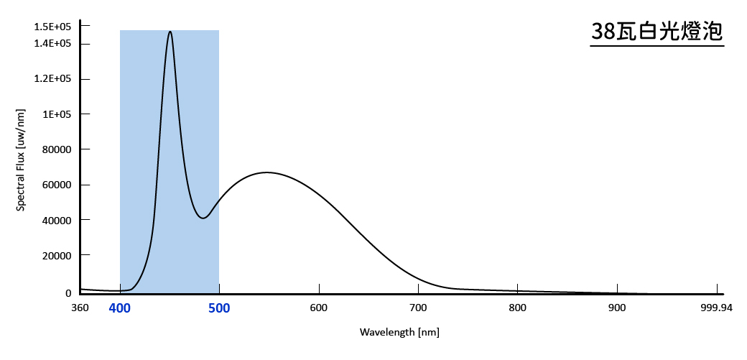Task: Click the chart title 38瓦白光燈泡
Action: tap(656, 32)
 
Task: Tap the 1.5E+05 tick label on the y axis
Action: tap(52, 27)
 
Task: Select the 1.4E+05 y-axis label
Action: tap(52, 44)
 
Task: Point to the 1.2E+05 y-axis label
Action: tap(52, 79)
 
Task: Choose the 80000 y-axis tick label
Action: tap(57, 149)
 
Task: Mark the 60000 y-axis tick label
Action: tap(57, 185)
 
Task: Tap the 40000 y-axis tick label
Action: tap(57, 220)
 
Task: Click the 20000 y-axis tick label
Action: tap(57, 255)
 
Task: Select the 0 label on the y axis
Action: tap(69, 293)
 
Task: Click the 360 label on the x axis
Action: tap(80, 308)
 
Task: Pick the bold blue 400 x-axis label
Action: tap(120, 308)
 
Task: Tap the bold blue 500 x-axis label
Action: tap(219, 308)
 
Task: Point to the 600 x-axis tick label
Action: tap(318, 308)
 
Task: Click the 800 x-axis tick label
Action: tap(517, 308)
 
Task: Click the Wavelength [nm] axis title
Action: tap(399, 333)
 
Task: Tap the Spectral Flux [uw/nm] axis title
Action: tap(22, 160)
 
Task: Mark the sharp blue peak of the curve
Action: tap(170, 32)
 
